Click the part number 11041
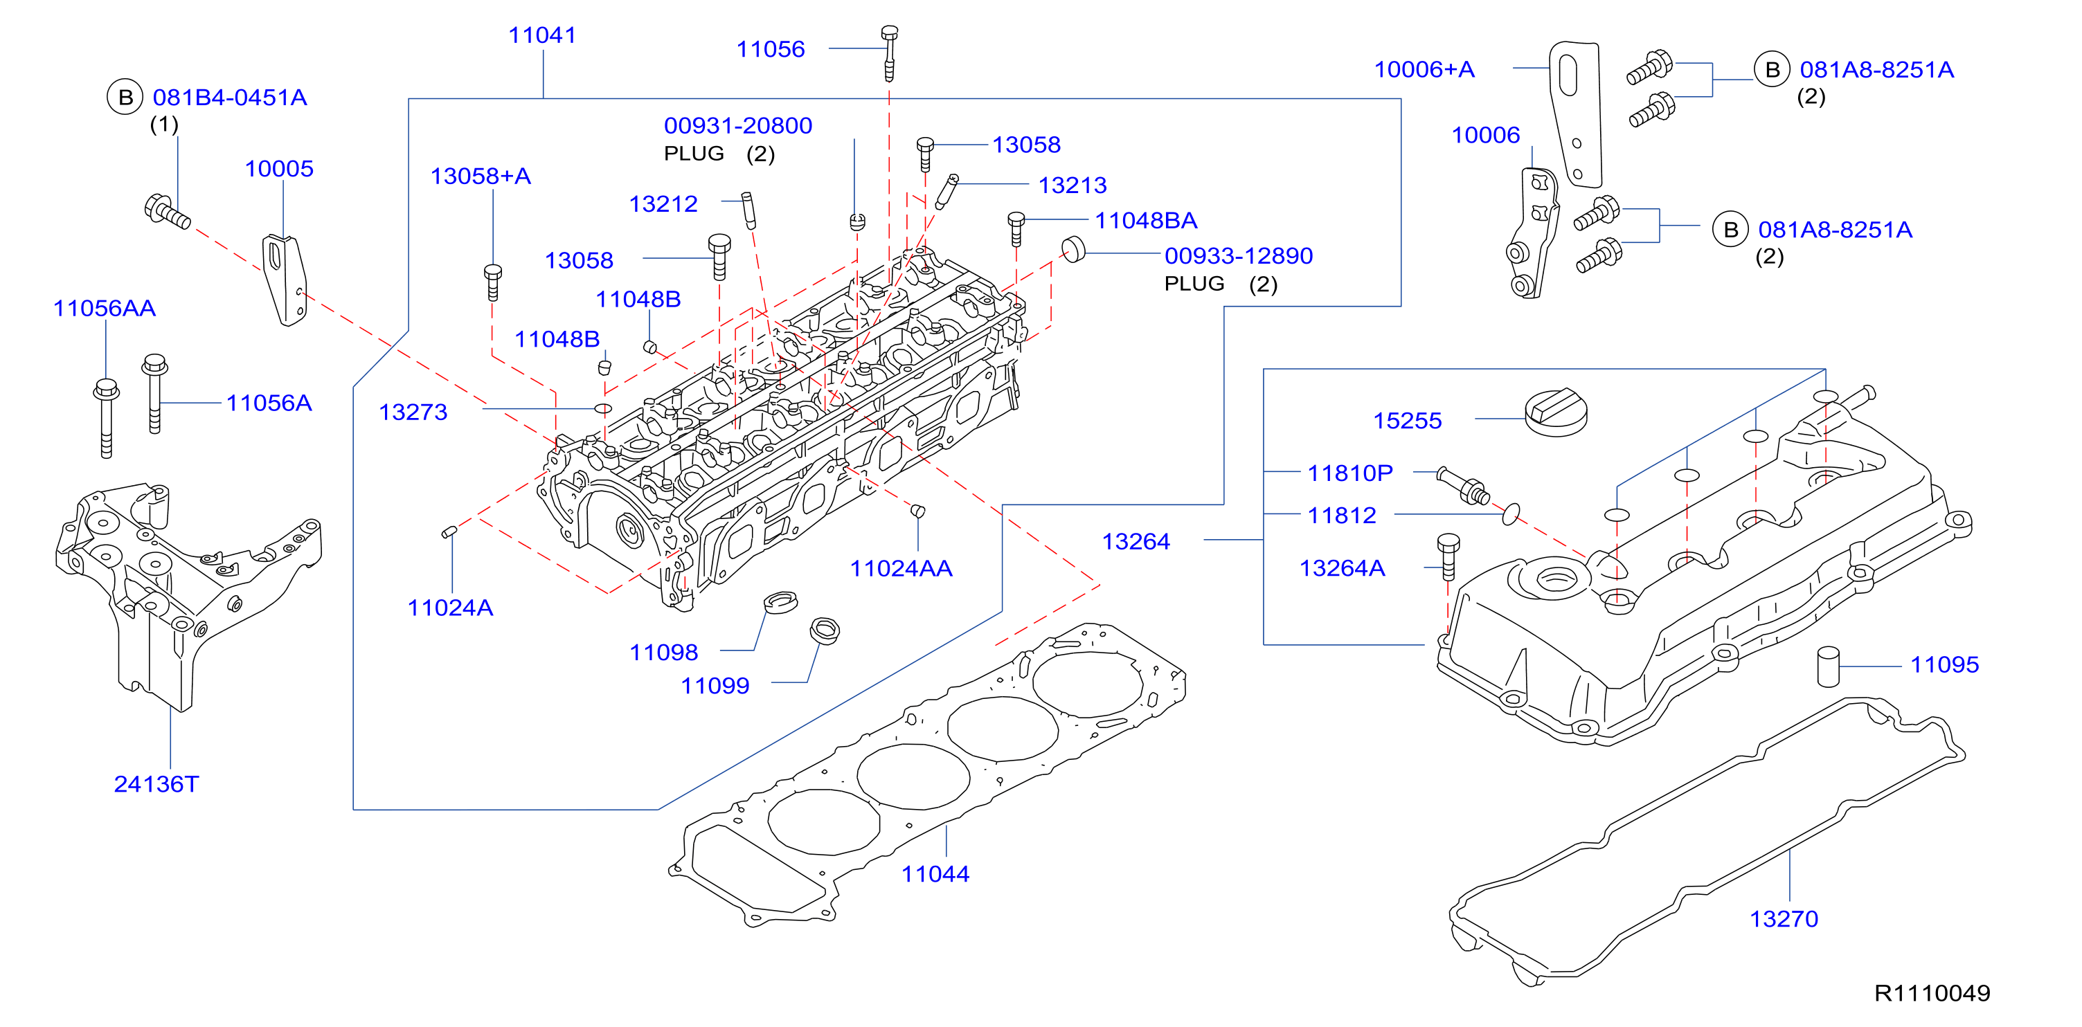tap(541, 35)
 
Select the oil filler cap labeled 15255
tap(1556, 413)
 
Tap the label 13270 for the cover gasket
tap(1784, 919)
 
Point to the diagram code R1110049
tap(1932, 993)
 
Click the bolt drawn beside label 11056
tap(889, 53)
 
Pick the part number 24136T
tap(156, 784)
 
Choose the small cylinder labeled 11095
tap(1828, 666)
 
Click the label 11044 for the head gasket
tap(935, 873)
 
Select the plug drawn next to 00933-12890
tap(1073, 250)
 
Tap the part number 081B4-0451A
tap(230, 98)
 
